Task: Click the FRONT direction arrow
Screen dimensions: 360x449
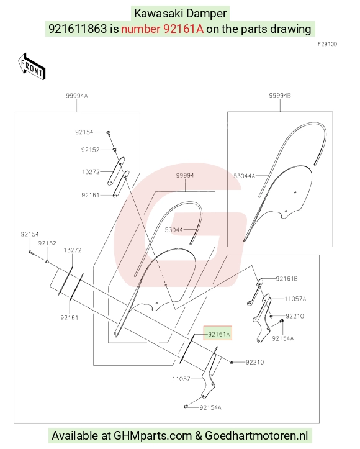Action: pyautogui.click(x=32, y=66)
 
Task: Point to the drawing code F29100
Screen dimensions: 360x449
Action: pyautogui.click(x=327, y=44)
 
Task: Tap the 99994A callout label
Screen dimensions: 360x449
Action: pyautogui.click(x=77, y=96)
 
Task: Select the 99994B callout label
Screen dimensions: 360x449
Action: pyautogui.click(x=280, y=96)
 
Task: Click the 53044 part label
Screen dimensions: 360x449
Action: pyautogui.click(x=174, y=230)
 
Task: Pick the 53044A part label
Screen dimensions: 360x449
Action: pyautogui.click(x=244, y=176)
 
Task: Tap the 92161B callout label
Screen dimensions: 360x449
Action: pyautogui.click(x=287, y=279)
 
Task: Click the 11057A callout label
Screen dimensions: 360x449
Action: pyautogui.click(x=295, y=299)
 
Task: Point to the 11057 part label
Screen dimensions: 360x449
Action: pyautogui.click(x=181, y=379)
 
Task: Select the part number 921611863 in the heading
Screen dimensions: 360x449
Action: pyautogui.click(x=78, y=29)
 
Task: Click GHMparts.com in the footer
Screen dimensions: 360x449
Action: pyautogui.click(x=153, y=435)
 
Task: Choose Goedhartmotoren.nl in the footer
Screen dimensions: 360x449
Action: pyautogui.click(x=256, y=435)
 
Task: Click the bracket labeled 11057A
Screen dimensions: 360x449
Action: pyautogui.click(x=261, y=319)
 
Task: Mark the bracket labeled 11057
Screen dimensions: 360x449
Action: pyautogui.click(x=209, y=373)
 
